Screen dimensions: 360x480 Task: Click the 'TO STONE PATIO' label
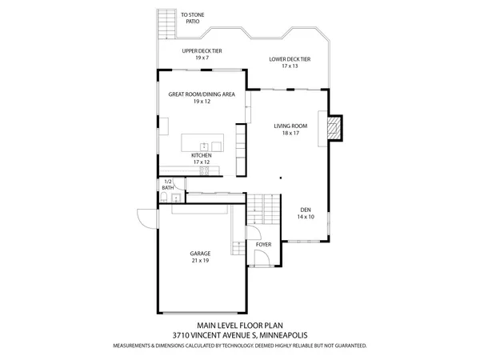[x=192, y=18]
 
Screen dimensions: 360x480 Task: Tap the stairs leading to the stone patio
[x=166, y=24]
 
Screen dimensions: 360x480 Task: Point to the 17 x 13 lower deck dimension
[x=290, y=66]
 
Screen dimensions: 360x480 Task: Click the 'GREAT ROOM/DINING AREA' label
[x=201, y=94]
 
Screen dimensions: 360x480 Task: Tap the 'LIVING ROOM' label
[x=290, y=126]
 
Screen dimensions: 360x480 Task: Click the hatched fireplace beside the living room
[x=337, y=129]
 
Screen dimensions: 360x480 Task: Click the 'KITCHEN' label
[x=201, y=155]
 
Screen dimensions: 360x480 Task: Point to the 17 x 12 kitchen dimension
[x=201, y=162]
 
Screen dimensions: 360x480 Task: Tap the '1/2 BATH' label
[x=167, y=185]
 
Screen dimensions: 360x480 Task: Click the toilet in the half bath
[x=162, y=198]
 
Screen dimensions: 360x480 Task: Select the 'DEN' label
[x=306, y=210]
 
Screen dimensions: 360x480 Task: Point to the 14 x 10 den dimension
[x=306, y=217]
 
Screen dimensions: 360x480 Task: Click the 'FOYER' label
[x=263, y=245]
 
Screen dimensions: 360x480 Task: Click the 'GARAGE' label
[x=200, y=254]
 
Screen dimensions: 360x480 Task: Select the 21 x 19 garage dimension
[x=200, y=261]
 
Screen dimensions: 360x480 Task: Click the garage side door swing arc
[x=145, y=216]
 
